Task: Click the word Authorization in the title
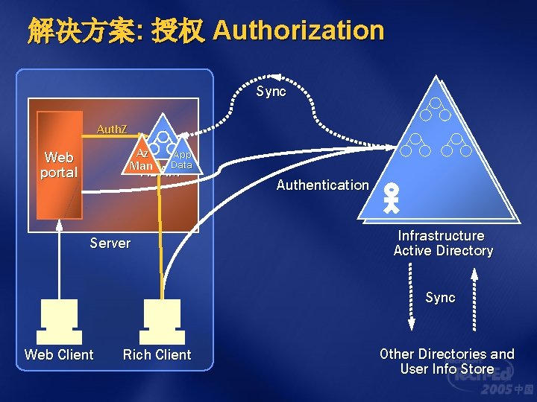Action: click(298, 31)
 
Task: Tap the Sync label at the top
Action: click(271, 91)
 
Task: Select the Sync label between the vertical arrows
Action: click(440, 297)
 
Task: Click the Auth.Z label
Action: click(112, 130)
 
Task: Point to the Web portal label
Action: click(59, 165)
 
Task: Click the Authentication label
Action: click(322, 185)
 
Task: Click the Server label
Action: click(110, 243)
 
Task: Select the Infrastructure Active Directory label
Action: click(443, 243)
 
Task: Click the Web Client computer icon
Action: click(59, 316)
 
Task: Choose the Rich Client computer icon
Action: click(161, 316)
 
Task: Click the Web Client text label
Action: click(59, 354)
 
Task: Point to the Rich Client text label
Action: click(157, 354)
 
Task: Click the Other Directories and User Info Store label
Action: click(447, 361)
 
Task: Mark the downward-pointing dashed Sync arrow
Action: click(410, 298)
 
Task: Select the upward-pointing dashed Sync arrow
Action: click(472, 298)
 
